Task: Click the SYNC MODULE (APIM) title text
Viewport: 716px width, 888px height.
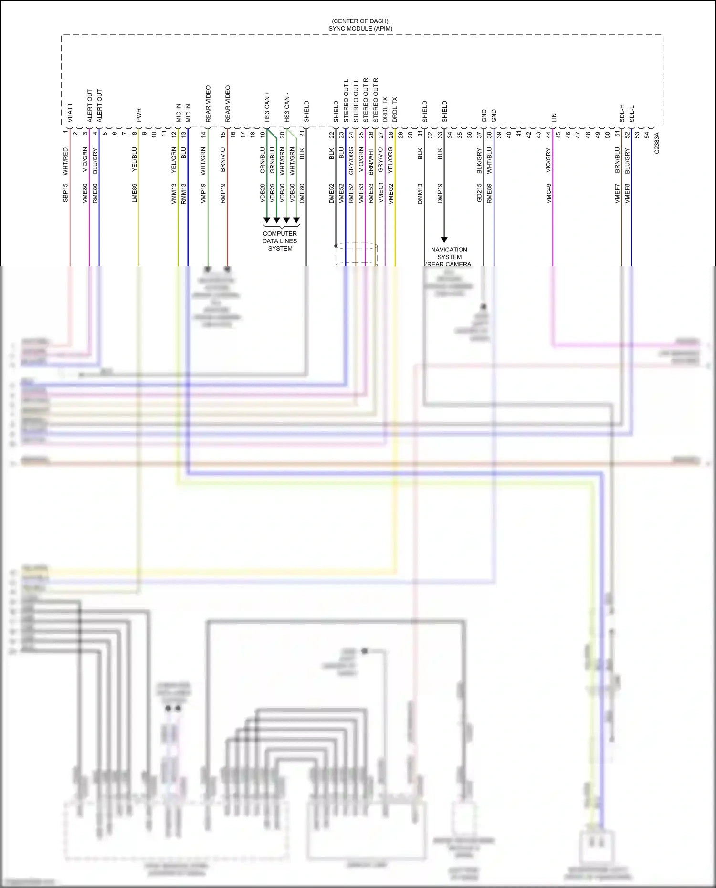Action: click(x=360, y=29)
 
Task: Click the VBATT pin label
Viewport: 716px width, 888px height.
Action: click(x=70, y=113)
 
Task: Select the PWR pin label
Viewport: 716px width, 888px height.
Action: click(x=139, y=115)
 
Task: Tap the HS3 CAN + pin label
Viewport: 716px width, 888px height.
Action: click(x=267, y=106)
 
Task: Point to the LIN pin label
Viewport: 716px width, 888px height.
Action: click(x=554, y=117)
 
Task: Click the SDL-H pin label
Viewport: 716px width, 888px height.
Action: click(x=622, y=113)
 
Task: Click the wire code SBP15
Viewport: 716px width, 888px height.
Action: click(x=66, y=193)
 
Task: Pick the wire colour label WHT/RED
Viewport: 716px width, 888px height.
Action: click(x=66, y=160)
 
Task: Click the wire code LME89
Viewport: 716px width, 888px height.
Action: click(x=135, y=193)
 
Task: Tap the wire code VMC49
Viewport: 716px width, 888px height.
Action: click(x=549, y=193)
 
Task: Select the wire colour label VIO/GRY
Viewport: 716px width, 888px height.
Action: click(x=549, y=160)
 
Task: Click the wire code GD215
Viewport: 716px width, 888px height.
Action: click(x=479, y=193)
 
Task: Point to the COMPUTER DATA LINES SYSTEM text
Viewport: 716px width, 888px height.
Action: click(x=280, y=241)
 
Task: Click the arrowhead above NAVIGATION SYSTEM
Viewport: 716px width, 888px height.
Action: click(x=444, y=240)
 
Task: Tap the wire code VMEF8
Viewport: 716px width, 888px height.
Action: click(x=627, y=193)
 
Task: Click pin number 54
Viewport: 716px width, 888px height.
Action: click(x=647, y=135)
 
